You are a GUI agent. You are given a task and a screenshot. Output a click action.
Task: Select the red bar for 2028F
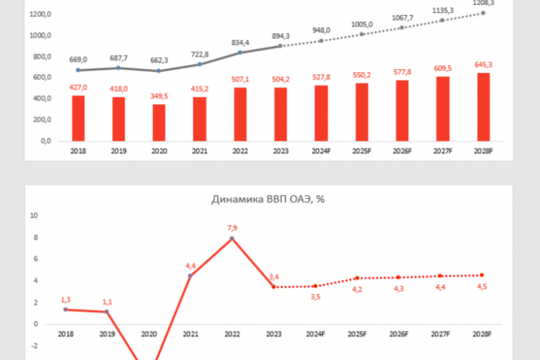pos(483,106)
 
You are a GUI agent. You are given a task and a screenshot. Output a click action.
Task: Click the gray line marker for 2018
pos(78,70)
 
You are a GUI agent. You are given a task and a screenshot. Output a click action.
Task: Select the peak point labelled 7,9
pos(232,238)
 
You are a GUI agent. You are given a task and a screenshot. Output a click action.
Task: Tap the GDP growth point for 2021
pos(190,276)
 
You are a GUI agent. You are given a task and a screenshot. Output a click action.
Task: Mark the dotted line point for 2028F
pos(481,274)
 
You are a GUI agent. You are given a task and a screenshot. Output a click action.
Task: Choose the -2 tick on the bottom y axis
pos(34,346)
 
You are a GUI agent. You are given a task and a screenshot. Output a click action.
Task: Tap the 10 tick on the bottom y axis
pos(33,215)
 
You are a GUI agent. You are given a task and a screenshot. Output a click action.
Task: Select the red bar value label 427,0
pos(78,87)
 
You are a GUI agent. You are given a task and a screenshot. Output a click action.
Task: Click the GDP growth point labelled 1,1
pos(106,312)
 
